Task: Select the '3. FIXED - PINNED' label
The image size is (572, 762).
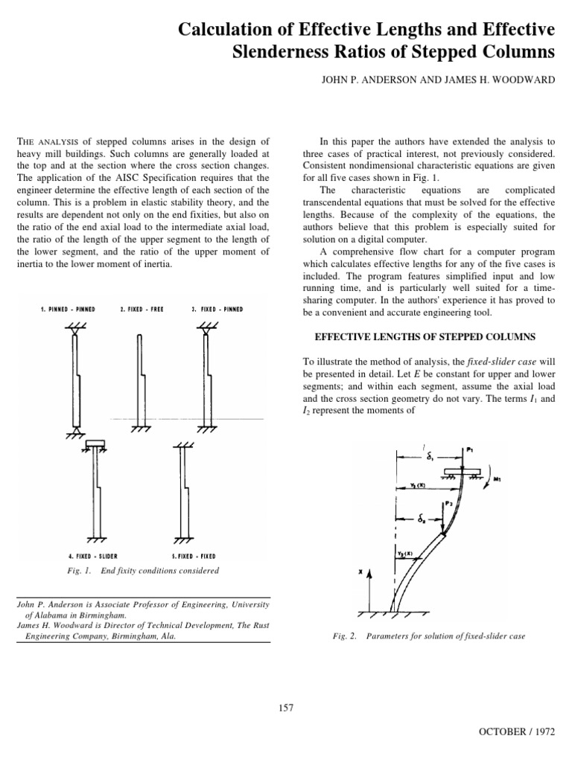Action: [218, 309]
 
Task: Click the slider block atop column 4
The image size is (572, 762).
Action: [95, 445]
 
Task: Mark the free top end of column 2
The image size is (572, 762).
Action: [141, 337]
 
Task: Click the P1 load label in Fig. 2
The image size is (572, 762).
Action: [470, 449]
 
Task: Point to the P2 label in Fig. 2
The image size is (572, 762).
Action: [449, 504]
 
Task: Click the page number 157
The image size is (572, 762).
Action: [286, 707]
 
